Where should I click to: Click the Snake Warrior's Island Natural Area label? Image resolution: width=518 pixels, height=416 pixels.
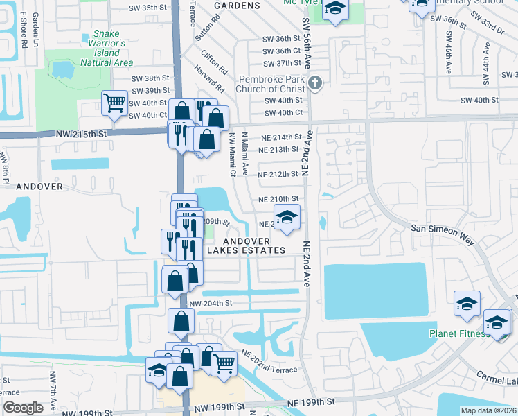pos(107,48)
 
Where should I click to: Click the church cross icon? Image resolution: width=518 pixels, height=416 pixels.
pos(315,84)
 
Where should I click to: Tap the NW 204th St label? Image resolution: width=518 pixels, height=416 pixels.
pos(210,303)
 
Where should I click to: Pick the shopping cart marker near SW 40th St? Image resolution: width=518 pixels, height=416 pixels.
pos(114,104)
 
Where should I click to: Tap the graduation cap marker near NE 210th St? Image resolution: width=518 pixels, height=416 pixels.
pos(287,216)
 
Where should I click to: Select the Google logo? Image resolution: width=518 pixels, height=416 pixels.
pos(23,408)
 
